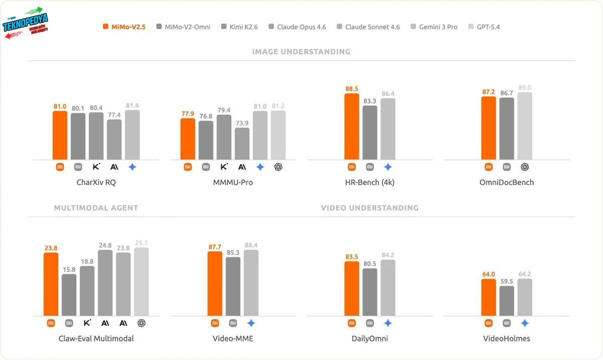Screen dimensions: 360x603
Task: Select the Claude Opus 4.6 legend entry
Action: [x=297, y=27]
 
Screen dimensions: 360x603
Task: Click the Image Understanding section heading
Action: [x=301, y=52]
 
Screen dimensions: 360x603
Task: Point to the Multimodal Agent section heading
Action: [x=96, y=208]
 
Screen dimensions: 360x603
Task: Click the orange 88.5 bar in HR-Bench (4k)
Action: [x=352, y=127]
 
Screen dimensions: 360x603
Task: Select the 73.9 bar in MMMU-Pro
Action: [x=242, y=144]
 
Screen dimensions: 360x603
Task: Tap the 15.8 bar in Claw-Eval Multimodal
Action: [x=69, y=295]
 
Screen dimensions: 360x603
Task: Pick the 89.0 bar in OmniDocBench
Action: [x=525, y=126]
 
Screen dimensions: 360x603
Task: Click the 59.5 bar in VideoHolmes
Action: [x=507, y=301]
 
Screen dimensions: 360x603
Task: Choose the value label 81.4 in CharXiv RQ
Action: [x=132, y=106]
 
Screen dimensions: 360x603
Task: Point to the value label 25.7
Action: [x=141, y=243]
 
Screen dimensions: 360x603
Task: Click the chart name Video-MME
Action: [x=233, y=338]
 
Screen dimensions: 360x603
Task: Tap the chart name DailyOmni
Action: [x=369, y=338]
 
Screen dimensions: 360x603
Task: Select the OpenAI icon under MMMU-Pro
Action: [x=278, y=167]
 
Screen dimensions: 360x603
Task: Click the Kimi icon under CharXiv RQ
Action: [x=96, y=167]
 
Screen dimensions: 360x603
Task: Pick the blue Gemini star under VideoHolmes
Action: [x=525, y=323]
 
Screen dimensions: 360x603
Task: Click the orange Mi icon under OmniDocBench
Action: [x=488, y=167]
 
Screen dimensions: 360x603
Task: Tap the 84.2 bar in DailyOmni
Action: [x=388, y=288]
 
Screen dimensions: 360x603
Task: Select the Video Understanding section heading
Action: [x=369, y=208]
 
